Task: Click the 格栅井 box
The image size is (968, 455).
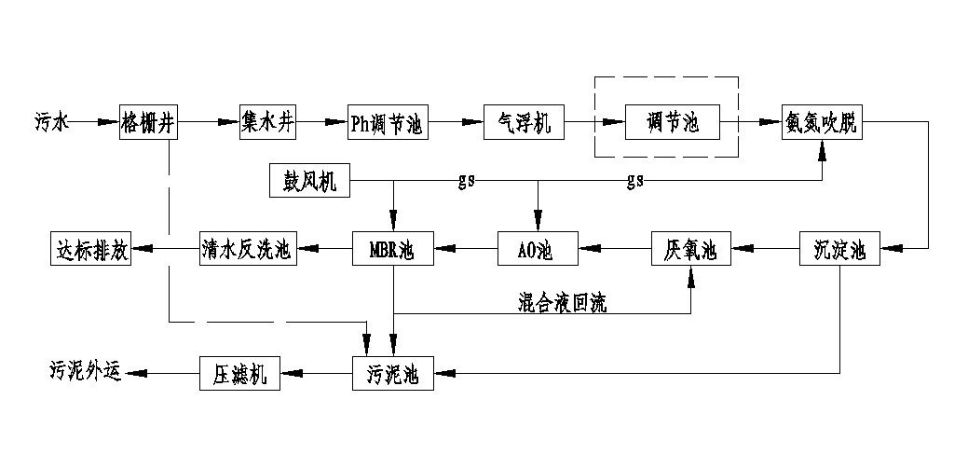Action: click(147, 121)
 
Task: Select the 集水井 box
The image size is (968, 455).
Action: click(267, 121)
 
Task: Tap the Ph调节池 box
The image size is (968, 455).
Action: click(387, 121)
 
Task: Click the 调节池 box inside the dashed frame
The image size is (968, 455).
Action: click(673, 121)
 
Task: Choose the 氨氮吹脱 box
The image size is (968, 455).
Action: click(824, 121)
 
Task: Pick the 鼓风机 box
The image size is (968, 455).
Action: click(309, 180)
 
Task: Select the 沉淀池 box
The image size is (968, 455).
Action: click(838, 249)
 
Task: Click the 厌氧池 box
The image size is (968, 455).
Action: click(690, 249)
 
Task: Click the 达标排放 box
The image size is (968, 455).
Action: click(90, 249)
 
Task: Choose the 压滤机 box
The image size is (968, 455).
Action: click(239, 374)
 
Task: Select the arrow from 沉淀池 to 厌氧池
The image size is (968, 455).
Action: click(764, 249)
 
